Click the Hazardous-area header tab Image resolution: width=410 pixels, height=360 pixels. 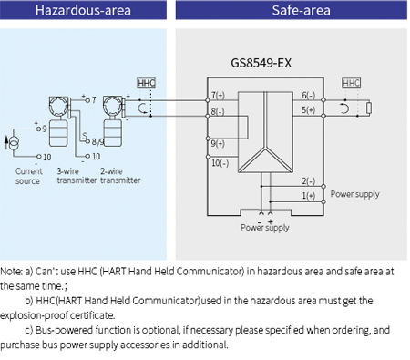tap(83, 12)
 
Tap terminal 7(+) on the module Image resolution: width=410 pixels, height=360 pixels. tap(220, 96)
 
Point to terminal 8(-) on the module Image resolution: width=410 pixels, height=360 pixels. tap(220, 111)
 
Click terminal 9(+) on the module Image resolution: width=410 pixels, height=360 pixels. tap(220, 143)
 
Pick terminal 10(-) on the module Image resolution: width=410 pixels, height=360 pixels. tap(220, 163)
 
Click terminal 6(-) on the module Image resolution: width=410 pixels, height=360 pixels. tap(308, 96)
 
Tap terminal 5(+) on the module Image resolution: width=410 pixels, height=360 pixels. tap(308, 110)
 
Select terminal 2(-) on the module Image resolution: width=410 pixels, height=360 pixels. tap(308, 181)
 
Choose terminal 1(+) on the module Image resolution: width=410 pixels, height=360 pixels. tap(308, 195)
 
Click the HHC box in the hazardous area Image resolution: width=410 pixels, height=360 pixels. tap(146, 83)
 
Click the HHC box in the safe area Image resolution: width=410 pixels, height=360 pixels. tap(351, 83)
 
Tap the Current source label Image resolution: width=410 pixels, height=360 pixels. tap(28, 175)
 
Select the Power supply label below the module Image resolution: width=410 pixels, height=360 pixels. tap(263, 228)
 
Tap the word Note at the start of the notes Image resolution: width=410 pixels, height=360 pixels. tap(12, 272)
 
